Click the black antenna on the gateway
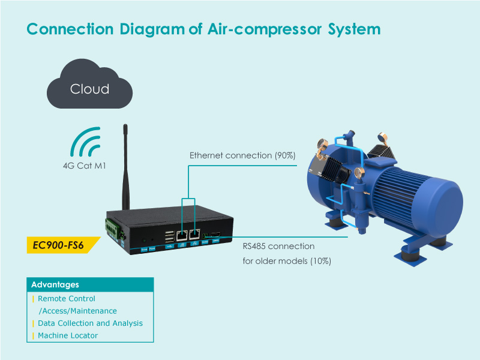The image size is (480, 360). pos(125,168)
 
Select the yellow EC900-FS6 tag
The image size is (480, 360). pos(59,245)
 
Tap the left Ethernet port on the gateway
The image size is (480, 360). pos(181,235)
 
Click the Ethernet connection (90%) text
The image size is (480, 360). pos(242,155)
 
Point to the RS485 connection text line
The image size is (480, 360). pos(278,246)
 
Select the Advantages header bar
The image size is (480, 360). pos(90,284)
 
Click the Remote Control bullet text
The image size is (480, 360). pos(66,299)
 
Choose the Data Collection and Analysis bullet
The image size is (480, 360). pos(90,323)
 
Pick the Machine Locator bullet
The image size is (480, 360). pos(67,336)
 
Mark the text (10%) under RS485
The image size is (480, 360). pos(320,261)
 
